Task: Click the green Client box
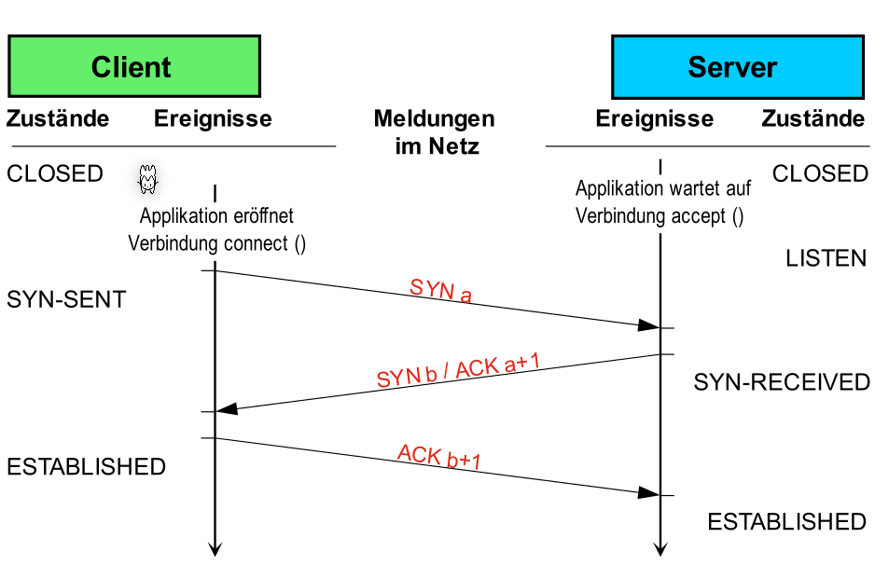[x=132, y=67]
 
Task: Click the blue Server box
[x=733, y=67]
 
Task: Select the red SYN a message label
[x=440, y=291]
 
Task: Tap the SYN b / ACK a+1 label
[x=458, y=372]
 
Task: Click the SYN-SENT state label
[x=66, y=300]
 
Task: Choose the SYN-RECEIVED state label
[x=782, y=382]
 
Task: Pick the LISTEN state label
[x=826, y=258]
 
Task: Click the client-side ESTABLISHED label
[x=86, y=466]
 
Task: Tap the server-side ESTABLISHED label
[x=786, y=522]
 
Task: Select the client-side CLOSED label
[x=55, y=173]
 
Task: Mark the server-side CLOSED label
[x=820, y=173]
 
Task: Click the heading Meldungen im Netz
[x=434, y=131]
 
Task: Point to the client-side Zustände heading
[x=58, y=118]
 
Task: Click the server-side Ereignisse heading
[x=654, y=118]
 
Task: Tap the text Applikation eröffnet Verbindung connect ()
[x=216, y=230]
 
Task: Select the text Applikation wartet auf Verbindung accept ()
[x=662, y=202]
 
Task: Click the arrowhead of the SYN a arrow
[x=649, y=325]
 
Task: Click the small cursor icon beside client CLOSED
[x=146, y=180]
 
